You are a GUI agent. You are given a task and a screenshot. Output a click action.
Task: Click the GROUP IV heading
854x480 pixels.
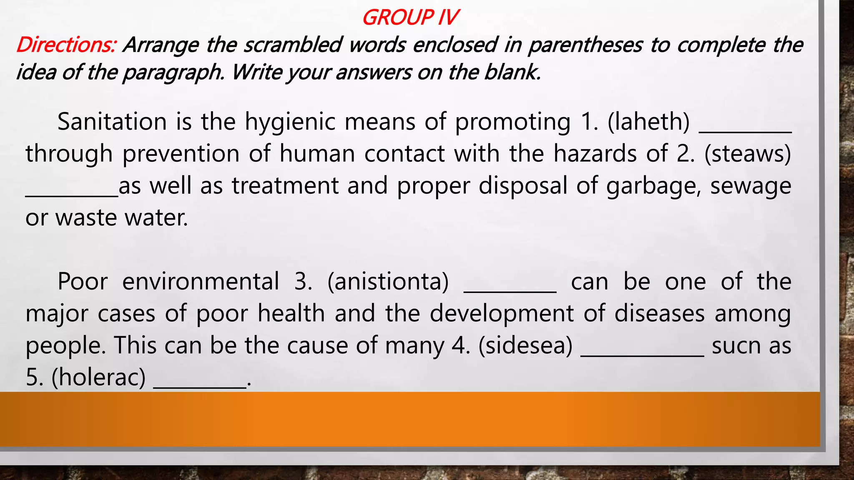pos(410,17)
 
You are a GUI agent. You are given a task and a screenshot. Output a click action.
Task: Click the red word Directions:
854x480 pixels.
pos(66,45)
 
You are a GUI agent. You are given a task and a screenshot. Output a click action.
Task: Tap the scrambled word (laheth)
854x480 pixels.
pos(648,122)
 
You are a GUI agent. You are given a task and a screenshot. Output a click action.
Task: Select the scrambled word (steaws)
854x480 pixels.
pos(748,153)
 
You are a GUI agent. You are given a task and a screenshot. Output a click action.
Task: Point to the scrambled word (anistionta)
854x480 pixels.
pos(388,281)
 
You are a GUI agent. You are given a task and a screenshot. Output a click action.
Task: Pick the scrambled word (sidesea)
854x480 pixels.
pos(525,345)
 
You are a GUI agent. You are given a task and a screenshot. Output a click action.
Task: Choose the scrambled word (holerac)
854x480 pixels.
pos(98,377)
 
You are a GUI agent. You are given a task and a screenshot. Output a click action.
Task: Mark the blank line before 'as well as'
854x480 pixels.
pos(72,195)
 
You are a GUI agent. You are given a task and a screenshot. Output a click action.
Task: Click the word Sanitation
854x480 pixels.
pos(112,122)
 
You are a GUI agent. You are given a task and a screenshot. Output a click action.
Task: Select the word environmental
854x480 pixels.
pos(201,281)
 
